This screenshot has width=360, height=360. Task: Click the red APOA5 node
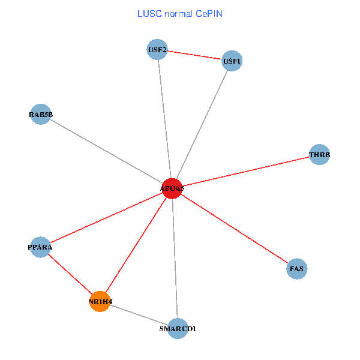tap(172, 188)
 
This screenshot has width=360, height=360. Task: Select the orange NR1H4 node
tap(100, 301)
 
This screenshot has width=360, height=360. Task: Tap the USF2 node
tap(157, 49)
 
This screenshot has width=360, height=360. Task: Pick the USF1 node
tap(232, 61)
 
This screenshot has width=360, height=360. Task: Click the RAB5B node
tap(41, 115)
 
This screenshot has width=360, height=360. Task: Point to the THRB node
tap(319, 155)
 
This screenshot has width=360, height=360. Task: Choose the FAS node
tap(297, 269)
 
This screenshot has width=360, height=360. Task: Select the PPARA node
tap(40, 247)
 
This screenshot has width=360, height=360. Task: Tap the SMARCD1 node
tap(178, 328)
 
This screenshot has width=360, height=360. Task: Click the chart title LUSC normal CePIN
tap(179, 13)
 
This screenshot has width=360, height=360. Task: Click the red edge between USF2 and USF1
tap(194, 55)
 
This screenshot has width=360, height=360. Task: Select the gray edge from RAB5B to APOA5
tap(106, 151)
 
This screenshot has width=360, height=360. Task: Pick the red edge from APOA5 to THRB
tap(245, 172)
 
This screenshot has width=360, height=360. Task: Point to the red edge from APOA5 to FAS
tap(234, 229)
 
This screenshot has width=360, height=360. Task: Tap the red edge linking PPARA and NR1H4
tap(70, 274)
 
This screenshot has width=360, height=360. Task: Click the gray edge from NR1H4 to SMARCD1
tap(139, 315)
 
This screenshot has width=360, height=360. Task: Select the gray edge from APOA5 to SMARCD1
tap(175, 258)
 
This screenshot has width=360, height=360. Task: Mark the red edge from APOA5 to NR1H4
tap(136, 245)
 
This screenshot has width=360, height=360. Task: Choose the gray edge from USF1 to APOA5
tap(202, 124)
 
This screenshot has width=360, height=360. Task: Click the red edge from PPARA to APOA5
tap(106, 218)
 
